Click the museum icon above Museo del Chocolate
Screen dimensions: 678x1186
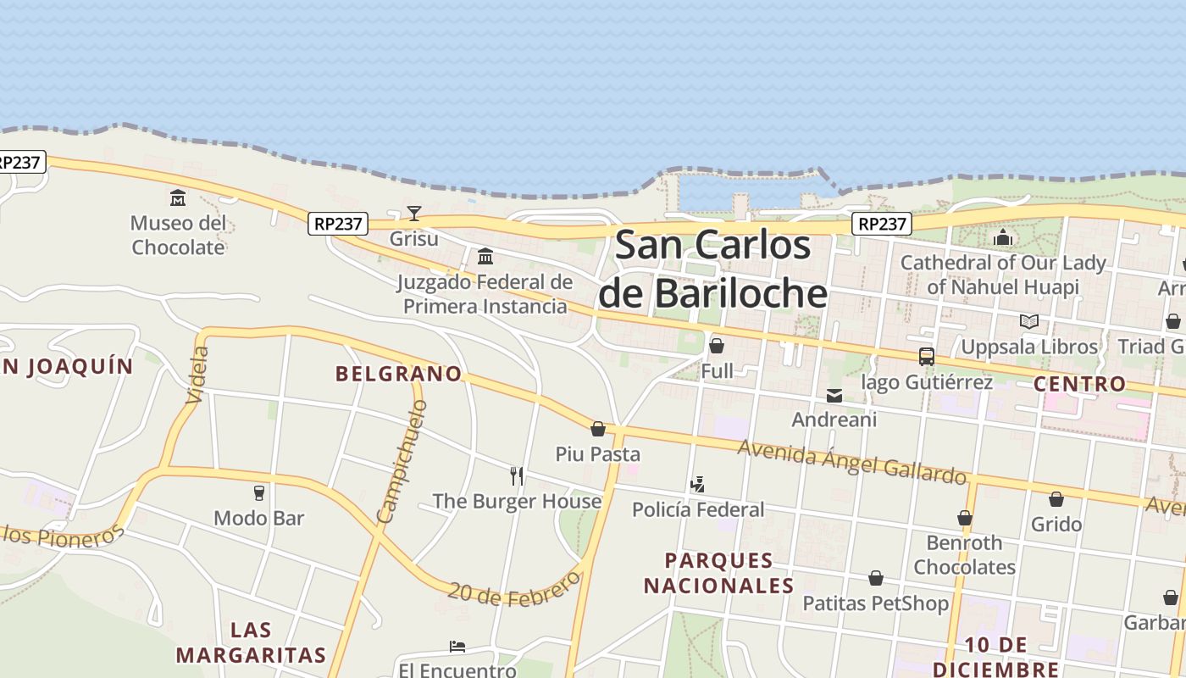pos(178,198)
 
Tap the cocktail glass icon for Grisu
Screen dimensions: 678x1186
pos(414,213)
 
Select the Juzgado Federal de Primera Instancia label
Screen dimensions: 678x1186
pos(485,294)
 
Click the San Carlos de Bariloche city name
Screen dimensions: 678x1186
pos(712,270)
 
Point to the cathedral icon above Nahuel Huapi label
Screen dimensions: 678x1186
pos(1003,237)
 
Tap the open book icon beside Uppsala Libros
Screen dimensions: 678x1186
pos(1029,322)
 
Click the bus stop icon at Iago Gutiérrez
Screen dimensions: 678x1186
pos(927,357)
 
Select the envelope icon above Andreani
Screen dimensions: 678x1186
pos(834,395)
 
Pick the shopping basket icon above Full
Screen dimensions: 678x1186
pos(717,346)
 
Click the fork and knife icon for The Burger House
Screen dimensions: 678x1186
pos(517,476)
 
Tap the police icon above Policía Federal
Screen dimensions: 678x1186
pos(698,486)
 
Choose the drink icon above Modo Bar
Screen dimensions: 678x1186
pos(259,493)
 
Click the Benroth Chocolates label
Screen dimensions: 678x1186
pos(964,554)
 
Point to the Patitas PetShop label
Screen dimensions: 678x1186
pos(875,603)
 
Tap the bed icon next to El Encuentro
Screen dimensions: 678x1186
pos(457,647)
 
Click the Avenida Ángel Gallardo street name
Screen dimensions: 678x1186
pos(851,462)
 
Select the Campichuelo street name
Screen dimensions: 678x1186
pos(402,461)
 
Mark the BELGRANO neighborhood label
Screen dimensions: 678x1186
pos(398,374)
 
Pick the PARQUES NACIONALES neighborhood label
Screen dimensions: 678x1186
pos(718,573)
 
